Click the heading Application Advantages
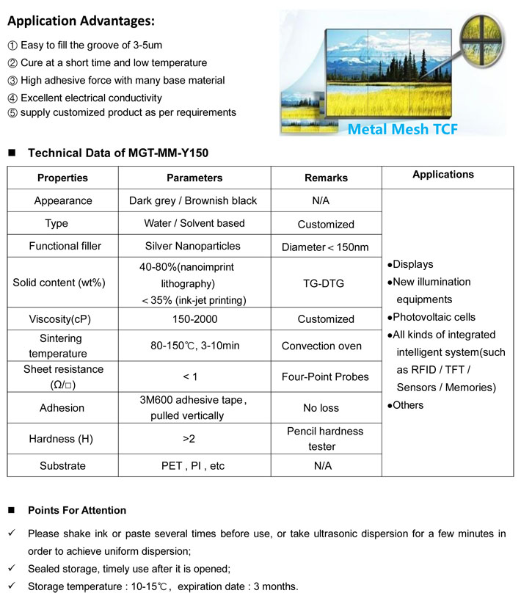tap(81, 20)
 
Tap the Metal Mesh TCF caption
tap(402, 129)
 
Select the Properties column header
tap(62, 178)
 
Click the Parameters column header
tap(194, 178)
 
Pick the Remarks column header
tap(326, 178)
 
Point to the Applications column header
tap(443, 175)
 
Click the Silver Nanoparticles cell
tap(193, 246)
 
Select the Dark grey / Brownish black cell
tap(193, 200)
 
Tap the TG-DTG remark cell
tap(326, 283)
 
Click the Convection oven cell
tap(326, 346)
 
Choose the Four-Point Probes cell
tap(326, 376)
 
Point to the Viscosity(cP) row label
tap(63, 319)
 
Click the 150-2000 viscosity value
tap(193, 319)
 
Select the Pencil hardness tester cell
tap(326, 439)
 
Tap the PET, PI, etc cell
tap(193, 465)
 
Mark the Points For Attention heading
tap(77, 510)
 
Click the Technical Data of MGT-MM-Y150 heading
tap(118, 153)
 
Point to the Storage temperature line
tap(163, 586)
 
